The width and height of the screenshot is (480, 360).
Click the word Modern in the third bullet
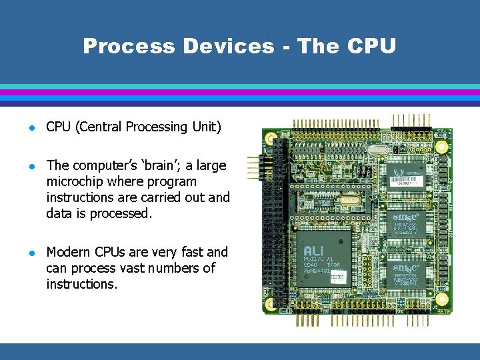click(x=69, y=252)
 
